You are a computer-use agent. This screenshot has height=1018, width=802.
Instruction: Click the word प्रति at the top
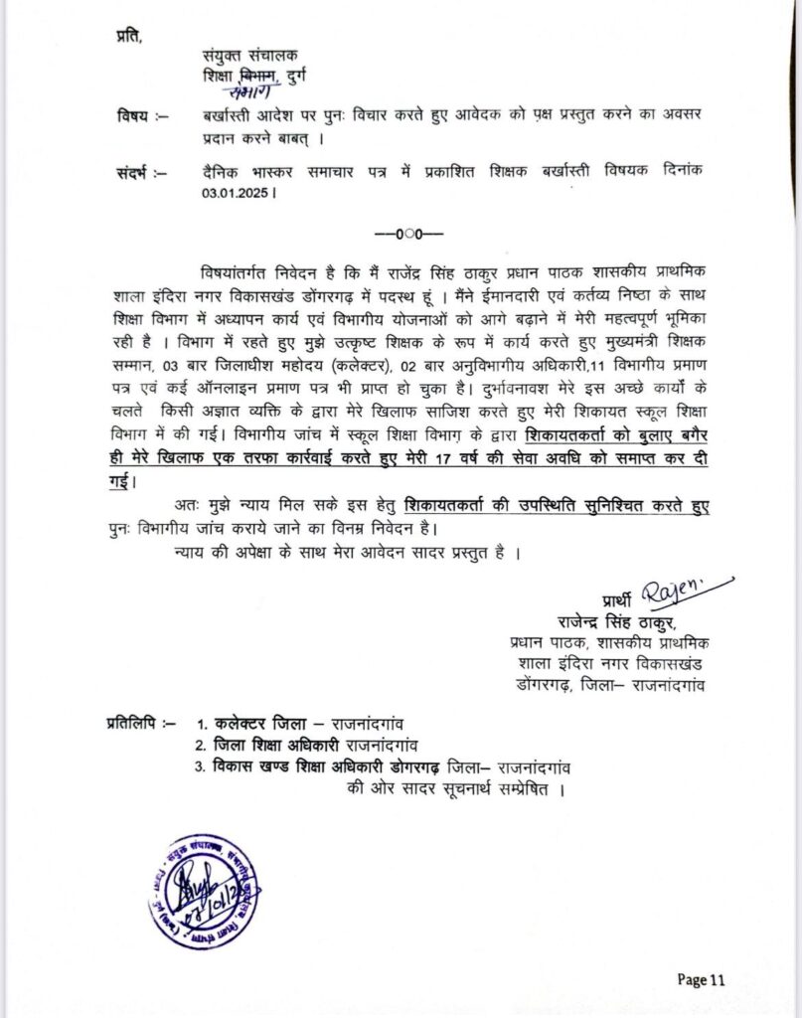[x=128, y=37]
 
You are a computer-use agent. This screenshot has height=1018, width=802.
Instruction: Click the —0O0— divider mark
[x=408, y=235]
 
